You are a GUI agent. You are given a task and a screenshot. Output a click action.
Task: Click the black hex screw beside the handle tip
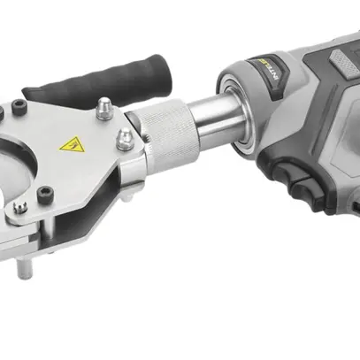coord(15,109)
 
